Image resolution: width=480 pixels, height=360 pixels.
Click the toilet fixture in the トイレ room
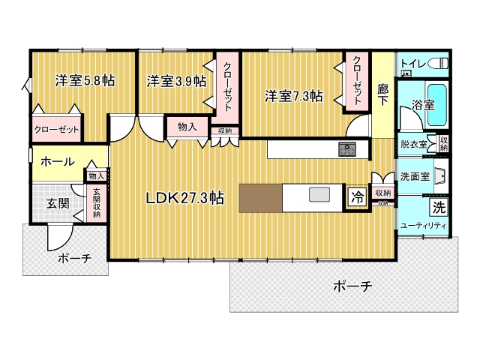(438, 64)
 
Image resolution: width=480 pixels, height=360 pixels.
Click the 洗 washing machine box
(439, 208)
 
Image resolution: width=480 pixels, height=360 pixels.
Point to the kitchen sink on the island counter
(319, 194)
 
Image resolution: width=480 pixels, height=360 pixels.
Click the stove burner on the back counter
(347, 149)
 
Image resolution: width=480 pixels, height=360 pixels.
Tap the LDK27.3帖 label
(185, 198)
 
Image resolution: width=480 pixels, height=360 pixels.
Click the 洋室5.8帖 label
(85, 81)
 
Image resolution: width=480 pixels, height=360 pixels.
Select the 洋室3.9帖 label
(176, 82)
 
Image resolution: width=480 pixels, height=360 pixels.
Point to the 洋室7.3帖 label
(293, 97)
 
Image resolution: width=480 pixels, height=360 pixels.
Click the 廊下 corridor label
(382, 94)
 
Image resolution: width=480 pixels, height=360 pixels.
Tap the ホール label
(58, 161)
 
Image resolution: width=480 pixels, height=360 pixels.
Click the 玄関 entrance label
(58, 203)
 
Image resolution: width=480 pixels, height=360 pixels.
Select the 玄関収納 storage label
(97, 202)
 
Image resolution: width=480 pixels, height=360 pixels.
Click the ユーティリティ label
(423, 226)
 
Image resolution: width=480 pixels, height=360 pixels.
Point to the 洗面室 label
(415, 176)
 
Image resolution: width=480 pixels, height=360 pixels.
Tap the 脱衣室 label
(414, 144)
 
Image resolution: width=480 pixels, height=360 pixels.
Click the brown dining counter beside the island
(260, 198)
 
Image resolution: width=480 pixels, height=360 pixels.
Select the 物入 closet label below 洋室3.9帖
(187, 127)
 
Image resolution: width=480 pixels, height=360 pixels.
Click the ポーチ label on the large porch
(352, 286)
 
